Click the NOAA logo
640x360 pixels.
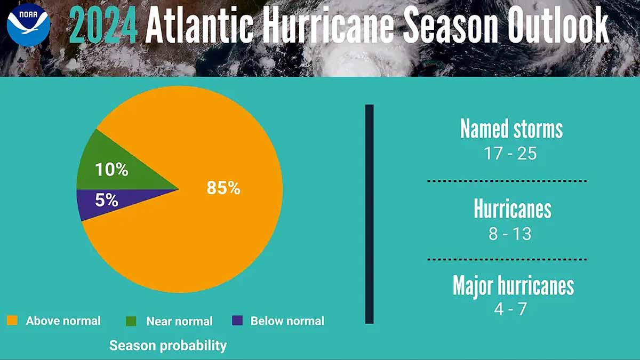coord(28,26)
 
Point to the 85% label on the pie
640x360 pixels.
coord(223,188)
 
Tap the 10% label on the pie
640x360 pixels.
coord(111,170)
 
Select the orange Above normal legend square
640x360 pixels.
coord(12,321)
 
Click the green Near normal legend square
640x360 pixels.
coord(131,321)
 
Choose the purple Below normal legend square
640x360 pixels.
coord(237,321)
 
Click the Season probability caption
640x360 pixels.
coord(168,346)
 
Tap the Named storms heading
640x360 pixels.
coord(511,130)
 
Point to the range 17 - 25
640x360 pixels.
coord(510,154)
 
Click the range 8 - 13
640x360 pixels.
coord(510,234)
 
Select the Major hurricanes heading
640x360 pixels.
coord(513,286)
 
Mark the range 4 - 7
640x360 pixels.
coord(510,309)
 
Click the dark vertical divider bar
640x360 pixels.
coord(369,213)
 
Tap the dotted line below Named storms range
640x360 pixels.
coord(507,181)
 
